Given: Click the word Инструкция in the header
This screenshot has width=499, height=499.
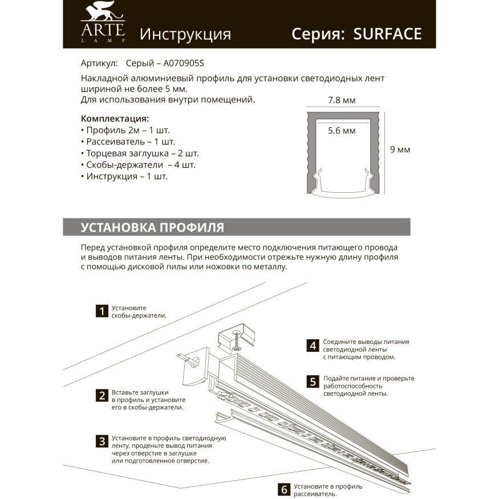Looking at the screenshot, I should coord(185,34).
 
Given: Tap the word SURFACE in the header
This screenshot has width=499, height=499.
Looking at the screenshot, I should coord(387,34).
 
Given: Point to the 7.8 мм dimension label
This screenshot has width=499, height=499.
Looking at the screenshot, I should coord(342,100).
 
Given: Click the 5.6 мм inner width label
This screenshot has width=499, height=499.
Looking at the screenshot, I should coord(342,131).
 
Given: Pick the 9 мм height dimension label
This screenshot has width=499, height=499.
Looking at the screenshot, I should coord(400,150).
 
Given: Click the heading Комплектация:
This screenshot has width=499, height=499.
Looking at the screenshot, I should coord(115,119).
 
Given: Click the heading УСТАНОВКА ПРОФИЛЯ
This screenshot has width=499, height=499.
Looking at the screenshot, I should coord(152,227).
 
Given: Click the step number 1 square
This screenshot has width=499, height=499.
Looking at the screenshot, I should coord(102,311).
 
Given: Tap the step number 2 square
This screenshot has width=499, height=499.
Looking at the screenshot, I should coord(102,396).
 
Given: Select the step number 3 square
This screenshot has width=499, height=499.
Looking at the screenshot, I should coord(102,441).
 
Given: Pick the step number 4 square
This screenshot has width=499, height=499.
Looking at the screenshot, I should coord(312,345).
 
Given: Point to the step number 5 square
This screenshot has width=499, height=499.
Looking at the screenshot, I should coord(312,382).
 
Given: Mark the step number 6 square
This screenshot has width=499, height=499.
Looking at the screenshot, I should coord(283,489).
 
